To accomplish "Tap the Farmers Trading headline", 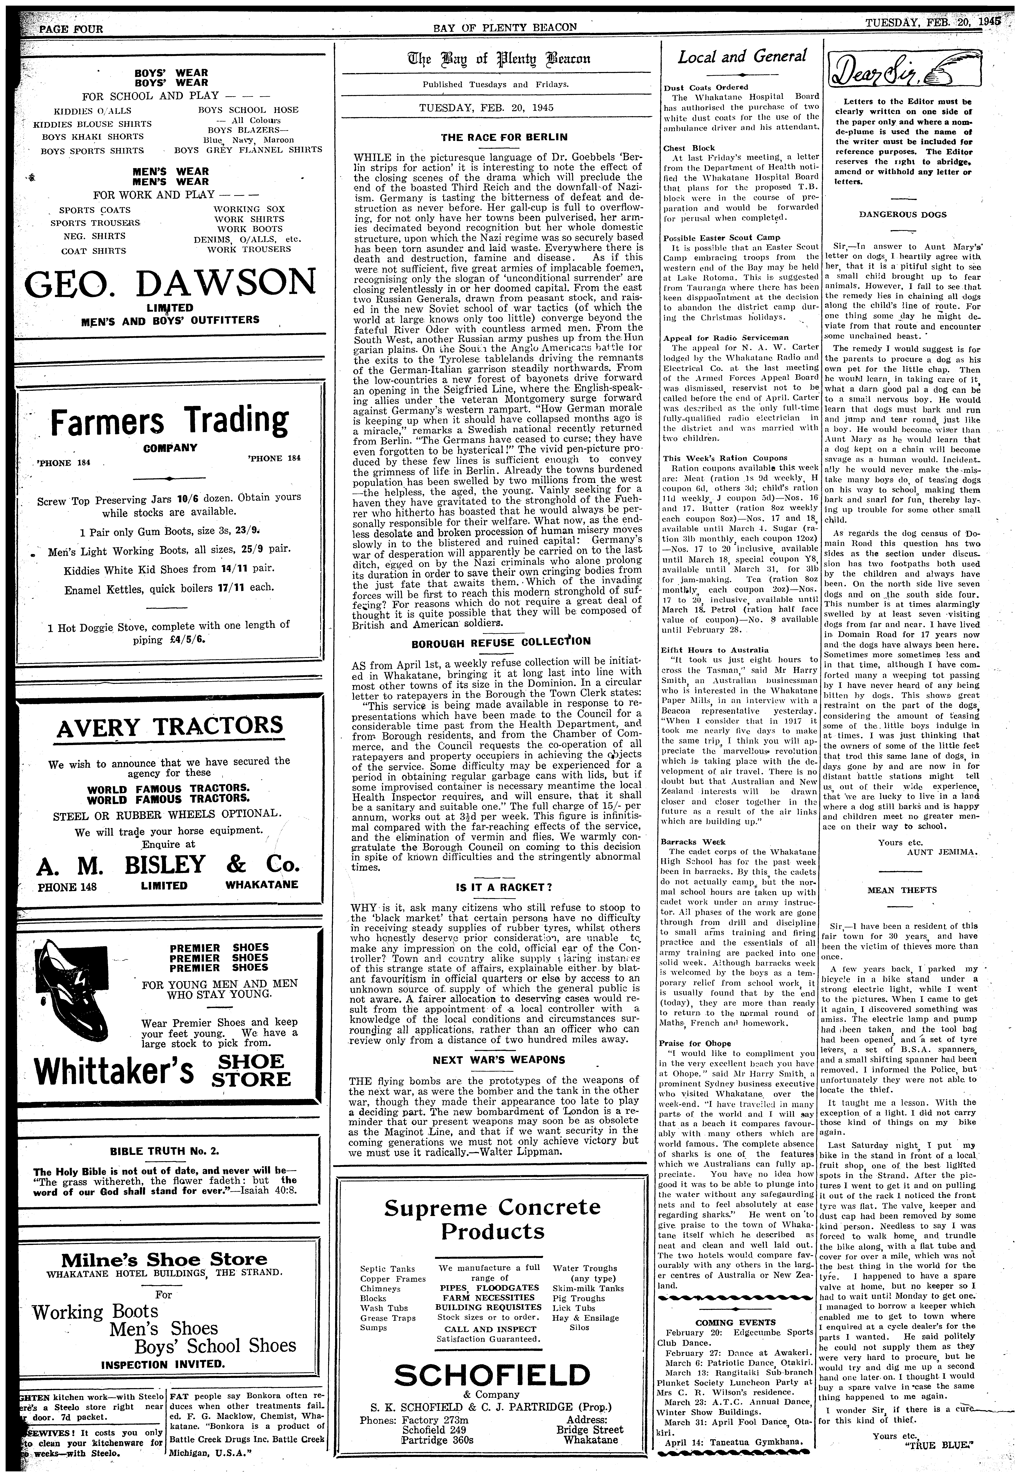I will (x=169, y=421).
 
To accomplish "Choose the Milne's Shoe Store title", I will (x=164, y=1260).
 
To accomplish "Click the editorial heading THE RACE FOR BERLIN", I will (x=495, y=137).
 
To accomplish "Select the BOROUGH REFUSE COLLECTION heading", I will (x=500, y=641).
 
